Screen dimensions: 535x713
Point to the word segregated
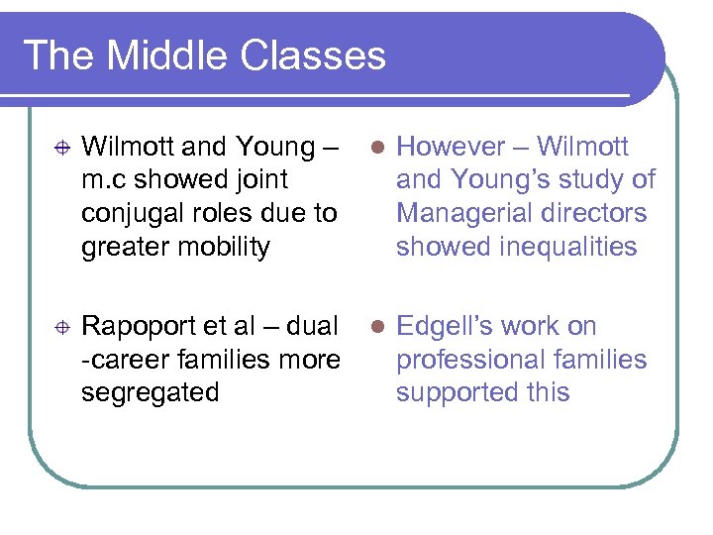(x=151, y=392)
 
